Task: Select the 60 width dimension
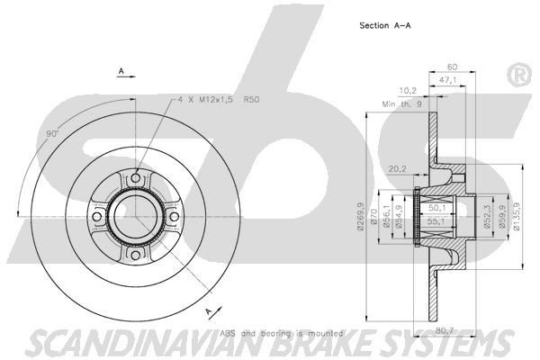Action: [452, 67]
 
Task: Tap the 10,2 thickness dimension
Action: [407, 90]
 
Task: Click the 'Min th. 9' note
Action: [401, 105]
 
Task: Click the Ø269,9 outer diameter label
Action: [359, 216]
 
